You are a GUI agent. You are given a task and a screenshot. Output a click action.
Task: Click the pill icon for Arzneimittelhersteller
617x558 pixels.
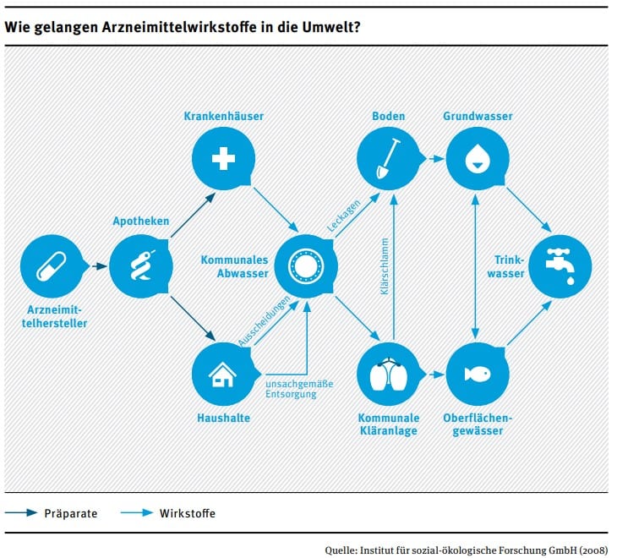pyautogui.click(x=52, y=266)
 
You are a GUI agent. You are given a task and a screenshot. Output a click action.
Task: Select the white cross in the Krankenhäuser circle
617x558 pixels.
pyautogui.click(x=223, y=159)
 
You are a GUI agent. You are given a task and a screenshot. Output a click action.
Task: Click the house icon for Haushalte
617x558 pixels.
pyautogui.click(x=222, y=375)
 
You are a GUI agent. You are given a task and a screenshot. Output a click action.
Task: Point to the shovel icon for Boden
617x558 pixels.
pyautogui.click(x=388, y=159)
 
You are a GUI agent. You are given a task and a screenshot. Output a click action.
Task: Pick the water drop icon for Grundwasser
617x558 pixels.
pyautogui.click(x=477, y=159)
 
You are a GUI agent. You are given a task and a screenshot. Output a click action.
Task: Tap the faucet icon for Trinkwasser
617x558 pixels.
pyautogui.click(x=560, y=266)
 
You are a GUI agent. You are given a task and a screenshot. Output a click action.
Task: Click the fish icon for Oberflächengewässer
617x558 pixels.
pyautogui.click(x=478, y=374)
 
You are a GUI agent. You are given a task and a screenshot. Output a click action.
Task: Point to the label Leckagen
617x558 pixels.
pyautogui.click(x=343, y=216)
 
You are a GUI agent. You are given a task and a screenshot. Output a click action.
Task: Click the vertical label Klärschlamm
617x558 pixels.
pyautogui.click(x=385, y=266)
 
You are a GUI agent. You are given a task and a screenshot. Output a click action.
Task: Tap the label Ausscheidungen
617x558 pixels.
pyautogui.click(x=264, y=321)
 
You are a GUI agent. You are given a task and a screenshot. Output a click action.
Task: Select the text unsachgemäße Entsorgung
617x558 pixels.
pyautogui.click(x=299, y=389)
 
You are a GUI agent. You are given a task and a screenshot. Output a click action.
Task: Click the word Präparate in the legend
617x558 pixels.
pyautogui.click(x=71, y=513)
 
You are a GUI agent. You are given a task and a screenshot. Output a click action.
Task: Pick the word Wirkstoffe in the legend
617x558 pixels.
pyautogui.click(x=188, y=513)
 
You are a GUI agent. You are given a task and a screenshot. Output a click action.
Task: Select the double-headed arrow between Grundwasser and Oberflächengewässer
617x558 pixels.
pyautogui.click(x=475, y=266)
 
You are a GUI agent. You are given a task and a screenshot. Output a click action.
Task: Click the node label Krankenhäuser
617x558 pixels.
pyautogui.click(x=223, y=116)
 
